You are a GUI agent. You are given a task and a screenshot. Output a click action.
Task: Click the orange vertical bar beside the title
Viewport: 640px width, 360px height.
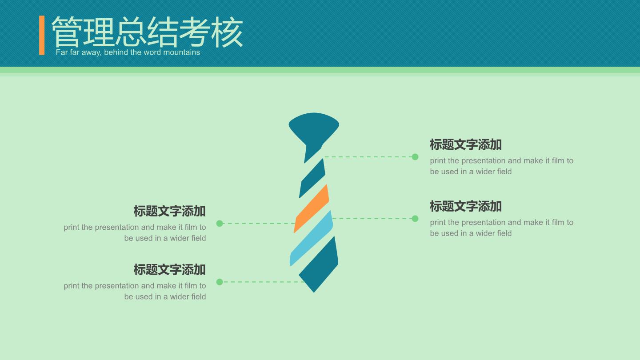pyautogui.click(x=42, y=35)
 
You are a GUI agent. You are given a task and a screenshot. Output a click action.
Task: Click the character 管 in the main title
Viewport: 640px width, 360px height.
pyautogui.click(x=66, y=32)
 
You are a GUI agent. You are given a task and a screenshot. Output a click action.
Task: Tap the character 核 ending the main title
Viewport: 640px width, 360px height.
pyautogui.click(x=227, y=32)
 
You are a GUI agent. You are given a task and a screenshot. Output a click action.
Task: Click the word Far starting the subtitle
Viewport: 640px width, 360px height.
pyautogui.click(x=62, y=52)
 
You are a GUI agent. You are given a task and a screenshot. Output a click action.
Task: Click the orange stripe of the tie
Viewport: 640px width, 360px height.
pyautogui.click(x=312, y=208)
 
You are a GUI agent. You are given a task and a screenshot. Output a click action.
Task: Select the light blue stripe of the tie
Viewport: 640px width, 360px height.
pyautogui.click(x=312, y=239)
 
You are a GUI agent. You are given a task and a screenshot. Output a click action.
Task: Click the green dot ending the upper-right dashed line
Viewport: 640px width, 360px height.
pyautogui.click(x=415, y=157)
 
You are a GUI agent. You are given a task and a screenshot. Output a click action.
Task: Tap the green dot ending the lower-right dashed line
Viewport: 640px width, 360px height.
pyautogui.click(x=415, y=219)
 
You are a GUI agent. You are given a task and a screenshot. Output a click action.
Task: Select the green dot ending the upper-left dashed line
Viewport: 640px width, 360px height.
pyautogui.click(x=220, y=224)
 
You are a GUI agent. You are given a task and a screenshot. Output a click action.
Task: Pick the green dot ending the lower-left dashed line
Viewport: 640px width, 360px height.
pyautogui.click(x=220, y=282)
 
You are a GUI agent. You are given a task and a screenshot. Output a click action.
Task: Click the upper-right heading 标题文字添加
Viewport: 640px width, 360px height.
pyautogui.click(x=466, y=144)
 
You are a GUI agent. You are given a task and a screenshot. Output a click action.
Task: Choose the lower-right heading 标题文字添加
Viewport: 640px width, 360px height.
pyautogui.click(x=466, y=206)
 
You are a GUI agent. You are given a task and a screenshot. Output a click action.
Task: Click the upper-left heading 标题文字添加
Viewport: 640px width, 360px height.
pyautogui.click(x=169, y=211)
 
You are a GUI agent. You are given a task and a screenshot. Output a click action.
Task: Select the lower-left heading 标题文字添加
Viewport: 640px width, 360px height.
pyautogui.click(x=169, y=270)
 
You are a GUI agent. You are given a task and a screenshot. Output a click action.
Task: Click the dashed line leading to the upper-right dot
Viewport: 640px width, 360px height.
pyautogui.click(x=368, y=157)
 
